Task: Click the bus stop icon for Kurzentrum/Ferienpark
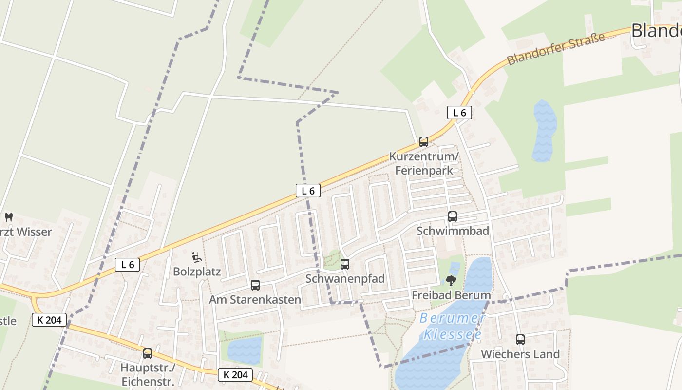coord(424,142)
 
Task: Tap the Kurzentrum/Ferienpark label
coord(424,164)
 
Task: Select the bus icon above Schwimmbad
coord(453,216)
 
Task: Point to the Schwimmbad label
coord(453,231)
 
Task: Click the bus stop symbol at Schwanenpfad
coord(345,264)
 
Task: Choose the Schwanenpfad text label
coord(345,279)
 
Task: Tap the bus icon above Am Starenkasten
coord(255,285)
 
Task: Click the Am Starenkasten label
coord(255,300)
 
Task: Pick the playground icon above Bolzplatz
coord(197,257)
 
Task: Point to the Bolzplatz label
coord(197,272)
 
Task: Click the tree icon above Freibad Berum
coord(451,281)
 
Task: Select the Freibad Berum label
coord(451,295)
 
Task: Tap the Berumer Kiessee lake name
coord(453,327)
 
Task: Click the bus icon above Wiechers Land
coord(520,340)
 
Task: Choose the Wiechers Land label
coord(520,354)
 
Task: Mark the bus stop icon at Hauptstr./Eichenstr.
coord(148,353)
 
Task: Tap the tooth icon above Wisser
coord(9,217)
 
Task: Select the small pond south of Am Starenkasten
coord(245,350)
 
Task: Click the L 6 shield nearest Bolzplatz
coord(128,265)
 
